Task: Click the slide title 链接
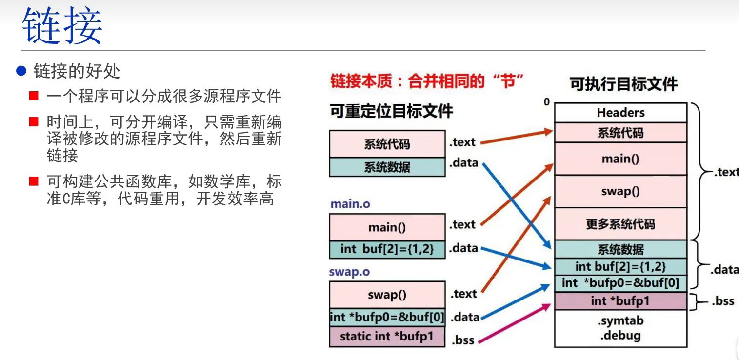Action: coord(61,26)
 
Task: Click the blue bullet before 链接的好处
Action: coord(21,71)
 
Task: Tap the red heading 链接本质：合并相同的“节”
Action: coord(427,81)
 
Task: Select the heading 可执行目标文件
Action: coord(623,84)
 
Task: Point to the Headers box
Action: coord(620,113)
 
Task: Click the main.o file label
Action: coord(350,203)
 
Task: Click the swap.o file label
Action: coord(349,272)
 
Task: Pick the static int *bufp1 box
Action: coord(387,337)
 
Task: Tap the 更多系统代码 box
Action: coord(620,224)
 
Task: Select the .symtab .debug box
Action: coord(620,328)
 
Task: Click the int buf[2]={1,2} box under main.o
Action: coord(387,249)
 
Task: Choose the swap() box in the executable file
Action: coord(620,191)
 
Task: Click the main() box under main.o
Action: coord(387,227)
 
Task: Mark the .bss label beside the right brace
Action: coord(722,301)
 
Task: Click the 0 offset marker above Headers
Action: coord(547,102)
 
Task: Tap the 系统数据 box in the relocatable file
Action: coord(387,167)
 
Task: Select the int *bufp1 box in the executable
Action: coord(620,301)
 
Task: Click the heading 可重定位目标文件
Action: coord(391,111)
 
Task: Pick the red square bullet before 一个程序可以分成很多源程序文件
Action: coord(34,96)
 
